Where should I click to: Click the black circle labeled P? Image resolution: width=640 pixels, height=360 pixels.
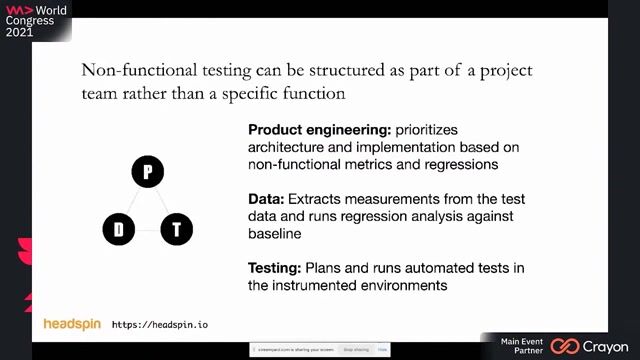(x=147, y=172)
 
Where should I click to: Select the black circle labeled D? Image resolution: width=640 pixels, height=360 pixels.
(x=118, y=230)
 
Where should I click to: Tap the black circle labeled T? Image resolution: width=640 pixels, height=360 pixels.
(x=176, y=230)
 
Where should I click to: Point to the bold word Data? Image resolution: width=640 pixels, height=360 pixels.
(x=267, y=199)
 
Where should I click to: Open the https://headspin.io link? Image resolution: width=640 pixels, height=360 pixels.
(x=160, y=325)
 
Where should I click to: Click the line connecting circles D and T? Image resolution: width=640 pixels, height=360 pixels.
(x=147, y=230)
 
